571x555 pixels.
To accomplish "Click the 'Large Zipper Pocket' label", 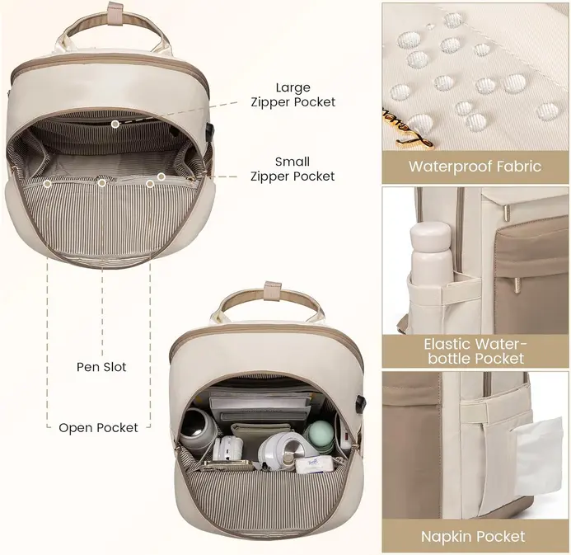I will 294,94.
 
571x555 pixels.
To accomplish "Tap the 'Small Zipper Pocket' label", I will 293,169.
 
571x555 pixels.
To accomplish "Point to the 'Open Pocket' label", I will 98,427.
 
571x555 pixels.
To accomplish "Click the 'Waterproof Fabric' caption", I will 475,167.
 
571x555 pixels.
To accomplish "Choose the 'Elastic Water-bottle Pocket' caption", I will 475,350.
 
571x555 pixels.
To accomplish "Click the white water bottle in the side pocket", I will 431,260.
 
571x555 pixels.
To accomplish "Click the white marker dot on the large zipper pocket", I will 115,124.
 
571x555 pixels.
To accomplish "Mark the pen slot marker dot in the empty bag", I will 101,182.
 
